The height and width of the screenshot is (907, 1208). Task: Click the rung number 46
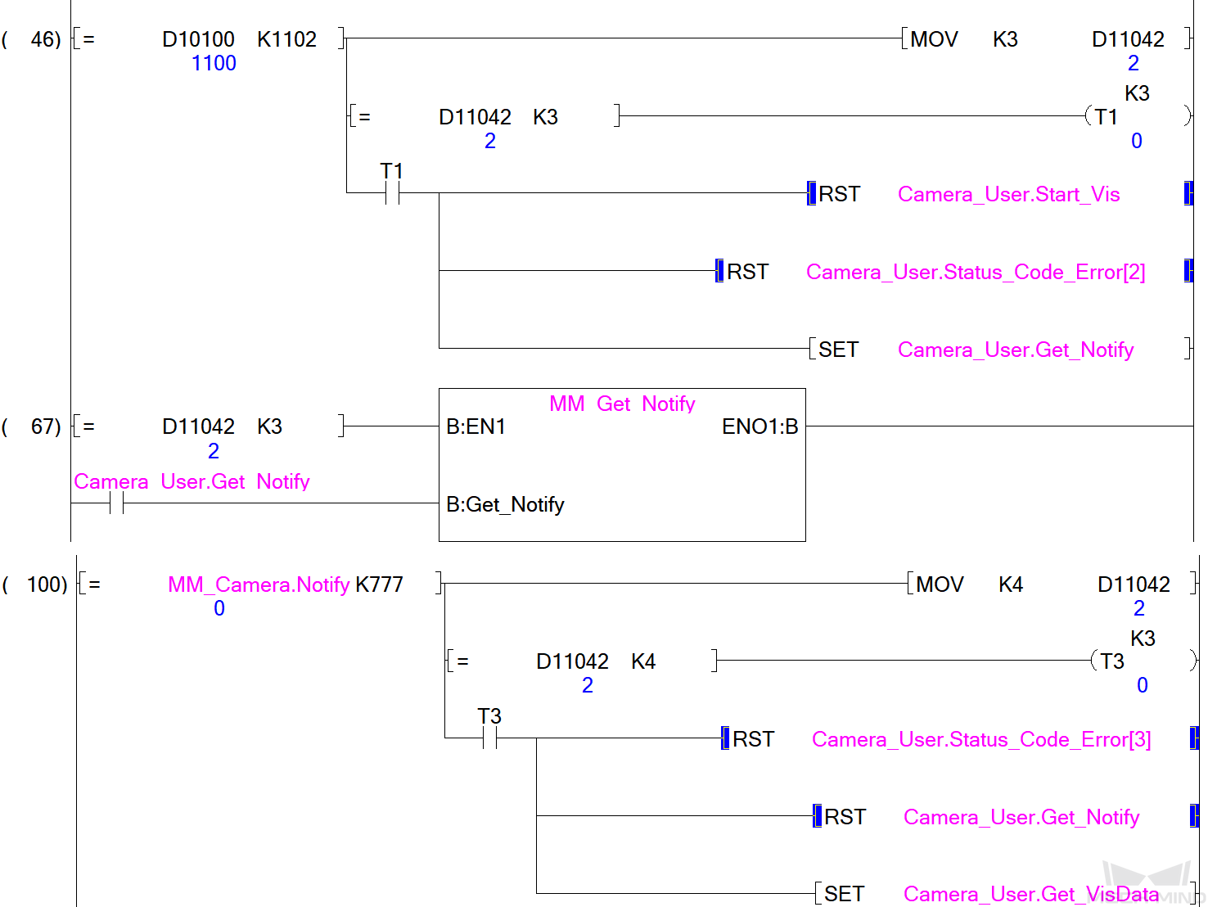point(45,39)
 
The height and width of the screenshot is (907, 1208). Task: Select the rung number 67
point(45,426)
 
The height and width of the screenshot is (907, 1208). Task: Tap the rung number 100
point(47,584)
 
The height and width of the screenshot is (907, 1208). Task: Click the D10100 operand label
point(198,39)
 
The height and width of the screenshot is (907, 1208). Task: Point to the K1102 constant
point(286,39)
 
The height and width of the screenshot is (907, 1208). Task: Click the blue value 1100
point(214,63)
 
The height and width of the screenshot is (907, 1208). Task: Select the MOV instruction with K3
point(934,39)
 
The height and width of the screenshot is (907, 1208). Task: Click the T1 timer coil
point(1107,117)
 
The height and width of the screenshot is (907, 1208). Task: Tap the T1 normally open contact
point(392,193)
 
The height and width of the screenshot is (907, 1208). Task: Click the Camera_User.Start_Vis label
point(1008,194)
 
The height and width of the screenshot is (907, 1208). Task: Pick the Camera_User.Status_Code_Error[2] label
point(976,272)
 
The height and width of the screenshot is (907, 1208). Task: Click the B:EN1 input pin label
point(476,426)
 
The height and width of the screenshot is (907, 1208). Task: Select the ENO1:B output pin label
point(760,426)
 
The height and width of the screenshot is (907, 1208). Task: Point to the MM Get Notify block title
point(622,404)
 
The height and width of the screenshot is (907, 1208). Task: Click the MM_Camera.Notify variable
point(259,584)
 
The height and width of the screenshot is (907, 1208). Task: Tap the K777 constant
point(379,584)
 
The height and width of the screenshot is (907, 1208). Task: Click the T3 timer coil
point(1112,661)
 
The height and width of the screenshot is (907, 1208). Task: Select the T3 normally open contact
point(489,738)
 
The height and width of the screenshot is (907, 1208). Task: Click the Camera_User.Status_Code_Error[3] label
point(981,739)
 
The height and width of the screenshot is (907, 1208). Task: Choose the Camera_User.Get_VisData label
point(1031,894)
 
